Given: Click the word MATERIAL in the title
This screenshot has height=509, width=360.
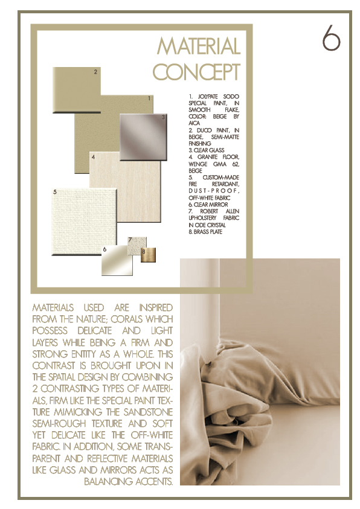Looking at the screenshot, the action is click(x=198, y=46).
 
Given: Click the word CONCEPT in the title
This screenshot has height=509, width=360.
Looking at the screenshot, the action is click(x=196, y=72).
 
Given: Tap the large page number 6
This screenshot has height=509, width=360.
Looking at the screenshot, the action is click(x=330, y=38).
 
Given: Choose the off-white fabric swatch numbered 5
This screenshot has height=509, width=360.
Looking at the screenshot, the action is click(x=83, y=223).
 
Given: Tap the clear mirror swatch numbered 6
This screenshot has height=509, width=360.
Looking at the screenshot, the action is click(x=117, y=262).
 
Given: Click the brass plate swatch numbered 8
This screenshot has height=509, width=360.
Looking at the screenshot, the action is click(x=149, y=255).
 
